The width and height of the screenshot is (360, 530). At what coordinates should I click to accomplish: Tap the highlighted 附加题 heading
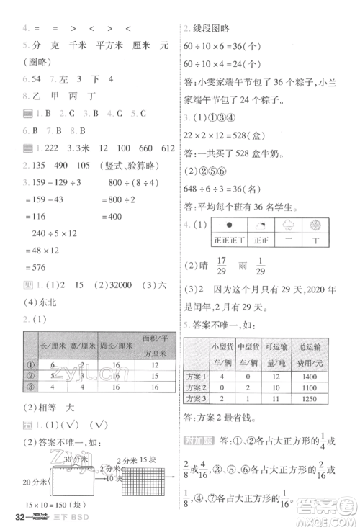[197, 444]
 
